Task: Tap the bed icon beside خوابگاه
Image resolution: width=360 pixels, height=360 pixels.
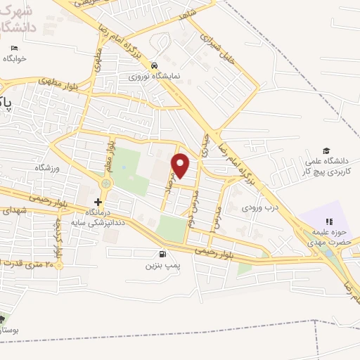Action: (x=15, y=48)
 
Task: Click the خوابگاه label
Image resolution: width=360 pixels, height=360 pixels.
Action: (x=15, y=59)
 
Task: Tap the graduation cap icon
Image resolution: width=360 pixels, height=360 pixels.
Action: (x=326, y=150)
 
